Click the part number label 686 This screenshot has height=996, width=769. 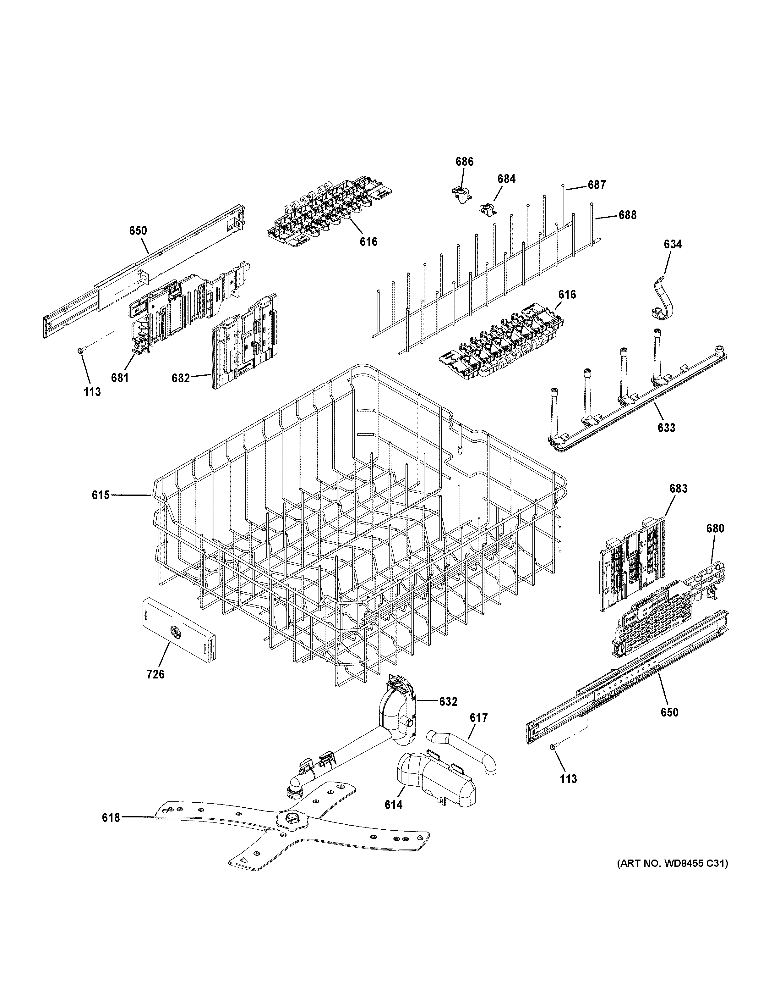[x=464, y=161]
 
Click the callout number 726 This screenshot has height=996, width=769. [x=155, y=686]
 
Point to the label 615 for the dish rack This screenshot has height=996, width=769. [x=101, y=495]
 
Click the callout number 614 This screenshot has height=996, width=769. [x=393, y=805]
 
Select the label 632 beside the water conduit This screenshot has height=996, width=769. [x=448, y=701]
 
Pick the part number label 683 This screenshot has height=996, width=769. [x=678, y=489]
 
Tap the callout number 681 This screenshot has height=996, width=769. [x=119, y=378]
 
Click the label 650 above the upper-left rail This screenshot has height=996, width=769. [x=138, y=230]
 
